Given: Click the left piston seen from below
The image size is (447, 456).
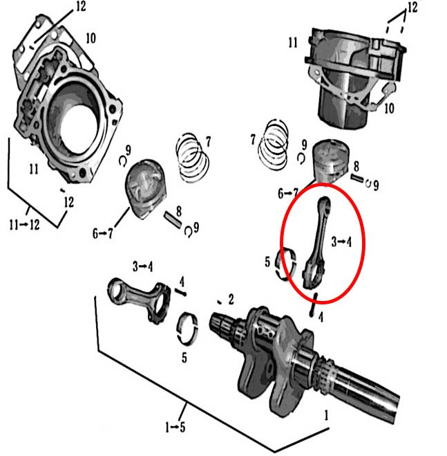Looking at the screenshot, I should [146, 185].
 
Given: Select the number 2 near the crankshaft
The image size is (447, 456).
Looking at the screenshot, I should [231, 299].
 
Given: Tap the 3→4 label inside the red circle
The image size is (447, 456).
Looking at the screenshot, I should [342, 242].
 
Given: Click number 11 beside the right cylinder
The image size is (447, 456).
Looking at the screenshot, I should [293, 43].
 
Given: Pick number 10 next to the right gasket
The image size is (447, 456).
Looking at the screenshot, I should [389, 109].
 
